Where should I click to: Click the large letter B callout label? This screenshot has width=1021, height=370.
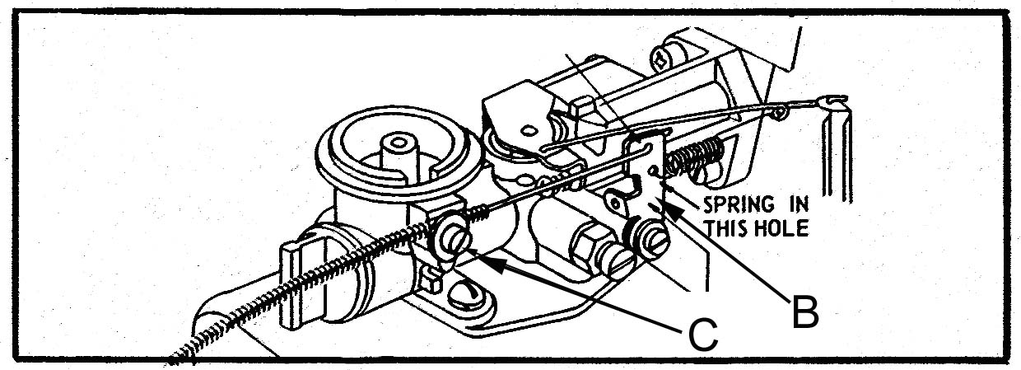click(806, 311)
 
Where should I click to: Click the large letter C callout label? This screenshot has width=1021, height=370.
click(703, 335)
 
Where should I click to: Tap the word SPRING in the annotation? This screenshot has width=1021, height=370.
click(739, 205)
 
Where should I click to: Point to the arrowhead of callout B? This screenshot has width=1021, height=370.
click(674, 212)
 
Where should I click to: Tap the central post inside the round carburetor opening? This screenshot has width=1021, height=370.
click(399, 151)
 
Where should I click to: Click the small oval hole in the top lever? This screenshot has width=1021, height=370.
click(528, 130)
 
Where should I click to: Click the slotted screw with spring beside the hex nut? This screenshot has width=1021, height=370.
click(648, 240)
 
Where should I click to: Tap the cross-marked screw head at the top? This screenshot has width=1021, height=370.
click(662, 59)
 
